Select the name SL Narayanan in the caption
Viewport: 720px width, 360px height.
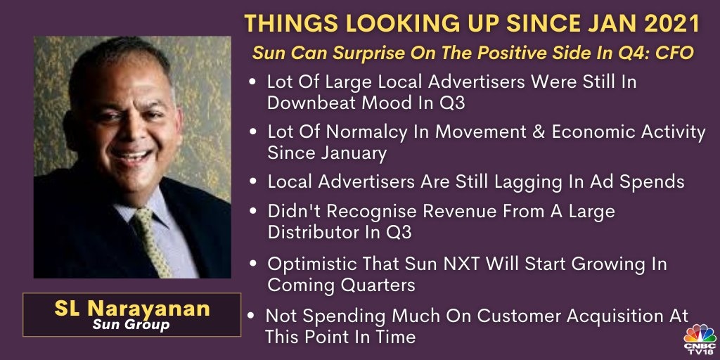pyautogui.click(x=132, y=309)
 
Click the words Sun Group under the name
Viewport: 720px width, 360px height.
pyautogui.click(x=131, y=325)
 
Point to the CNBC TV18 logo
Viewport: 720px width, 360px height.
pyautogui.click(x=700, y=339)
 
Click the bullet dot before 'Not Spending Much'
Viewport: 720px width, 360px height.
pyautogui.click(x=251, y=316)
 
